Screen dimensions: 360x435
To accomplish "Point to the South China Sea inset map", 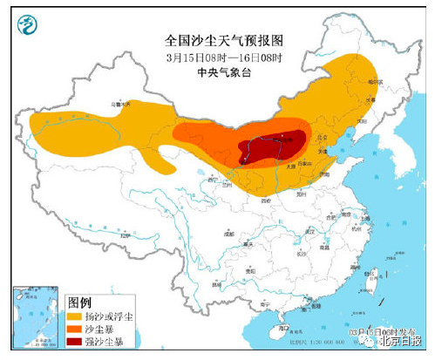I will [x=31, y=319].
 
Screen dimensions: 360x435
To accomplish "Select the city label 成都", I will [x=229, y=234].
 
